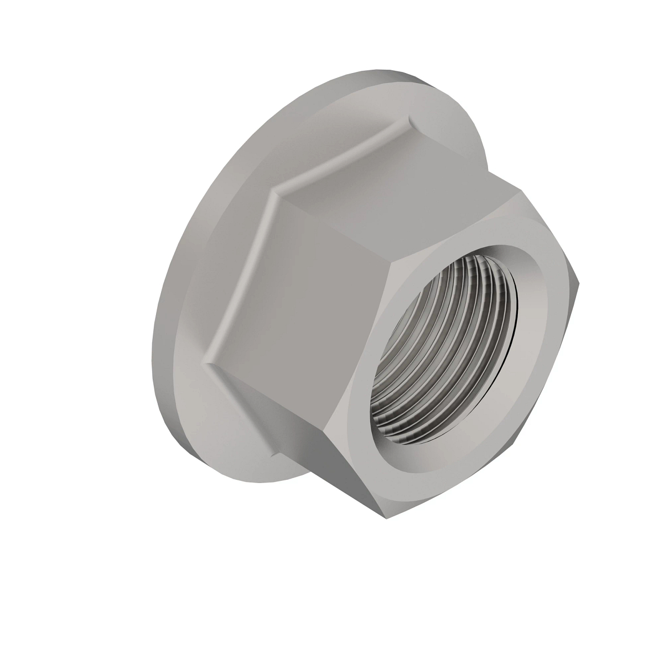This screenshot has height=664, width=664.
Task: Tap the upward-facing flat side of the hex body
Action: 398,183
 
